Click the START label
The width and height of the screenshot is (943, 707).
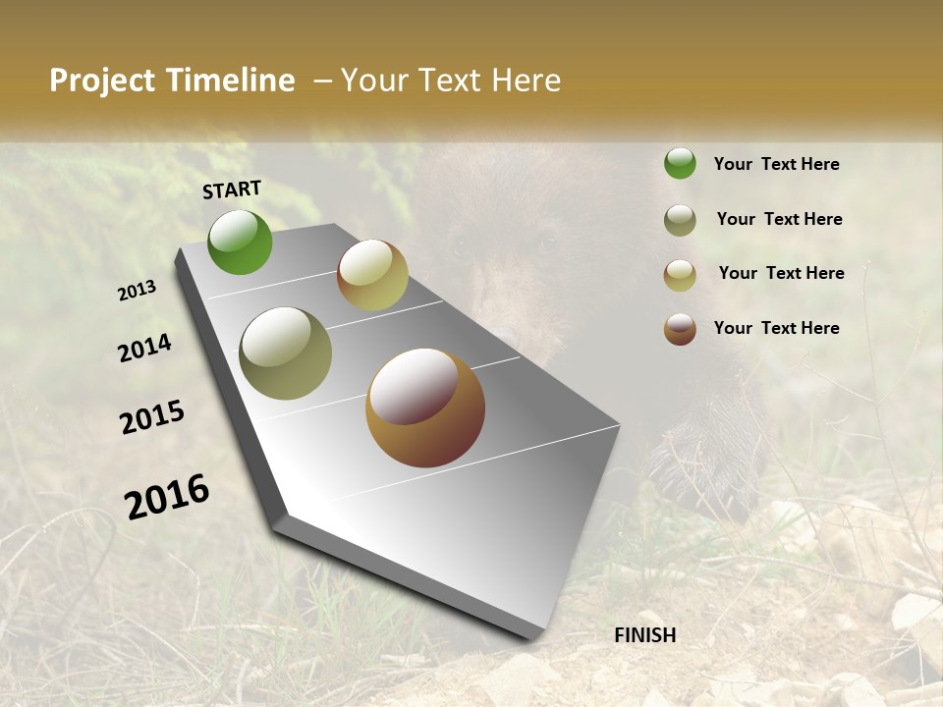point(232,190)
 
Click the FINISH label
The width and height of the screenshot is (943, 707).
point(645,635)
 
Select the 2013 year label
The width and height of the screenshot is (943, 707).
point(137,291)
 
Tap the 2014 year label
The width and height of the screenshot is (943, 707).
point(144,349)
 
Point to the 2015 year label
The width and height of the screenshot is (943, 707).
point(152,417)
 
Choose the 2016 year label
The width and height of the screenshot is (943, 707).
point(167,496)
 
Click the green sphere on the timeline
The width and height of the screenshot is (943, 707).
point(240,242)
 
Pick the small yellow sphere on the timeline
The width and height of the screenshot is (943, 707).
point(372,275)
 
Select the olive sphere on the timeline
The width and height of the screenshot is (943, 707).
point(286,353)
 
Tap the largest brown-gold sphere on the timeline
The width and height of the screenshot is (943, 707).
point(425,408)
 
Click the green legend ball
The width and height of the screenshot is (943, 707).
point(680,164)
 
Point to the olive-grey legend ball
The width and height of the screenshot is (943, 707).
point(680,220)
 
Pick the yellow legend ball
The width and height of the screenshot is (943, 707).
point(680,275)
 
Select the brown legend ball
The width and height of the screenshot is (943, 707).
point(680,329)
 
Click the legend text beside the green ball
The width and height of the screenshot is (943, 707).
point(776,164)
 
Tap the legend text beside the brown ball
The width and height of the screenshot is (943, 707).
point(776,328)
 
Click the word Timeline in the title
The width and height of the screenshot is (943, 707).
point(231,81)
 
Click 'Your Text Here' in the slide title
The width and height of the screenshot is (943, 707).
point(451,81)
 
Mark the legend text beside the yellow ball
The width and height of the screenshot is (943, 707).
point(781,273)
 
